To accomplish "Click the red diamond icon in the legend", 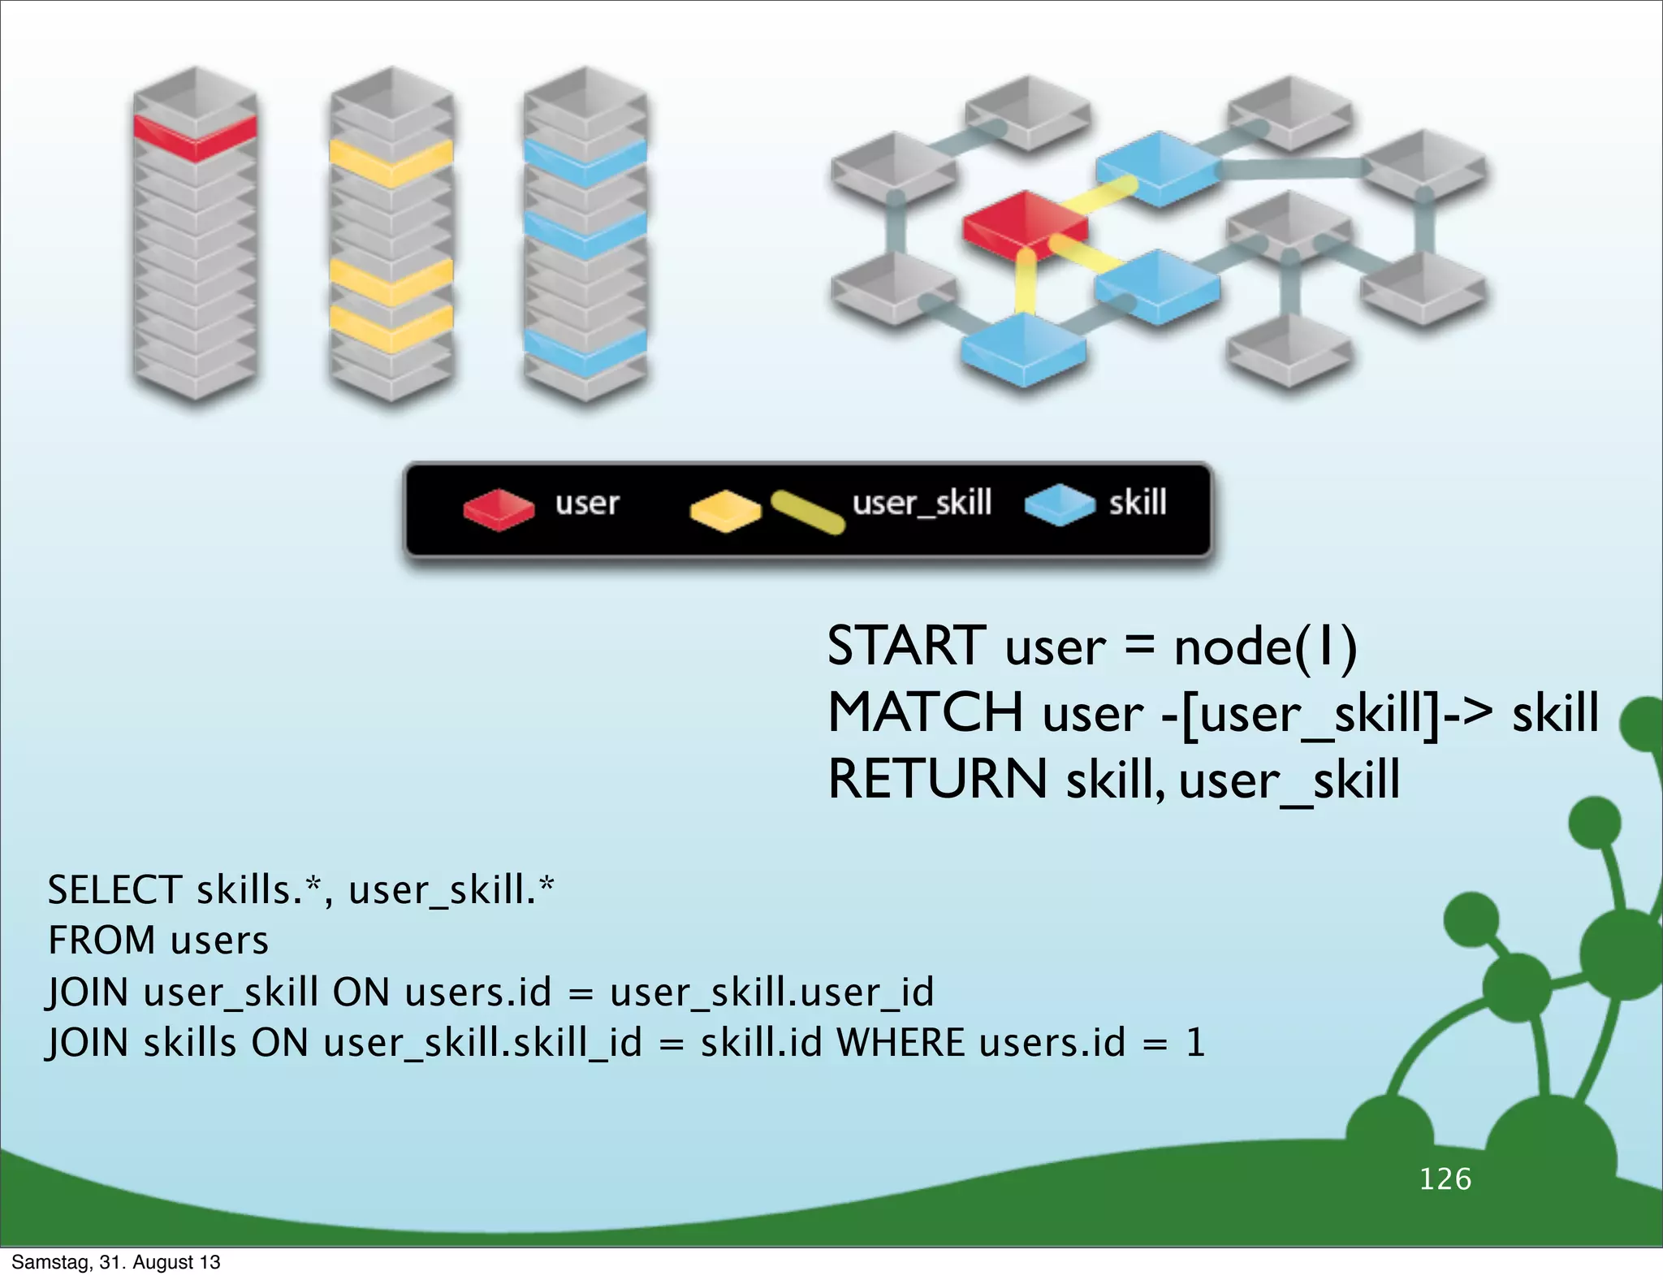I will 499,508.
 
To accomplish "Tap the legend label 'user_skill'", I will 922,503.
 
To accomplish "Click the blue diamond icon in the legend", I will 1060,505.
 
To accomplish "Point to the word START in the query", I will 906,646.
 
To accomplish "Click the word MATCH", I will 925,712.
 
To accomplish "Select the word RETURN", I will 937,779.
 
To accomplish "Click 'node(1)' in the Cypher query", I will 1265,647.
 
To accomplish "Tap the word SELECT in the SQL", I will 114,890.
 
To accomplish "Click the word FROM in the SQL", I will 102,941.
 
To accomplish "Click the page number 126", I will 1445,1178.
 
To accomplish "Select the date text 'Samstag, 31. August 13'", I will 116,1262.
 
